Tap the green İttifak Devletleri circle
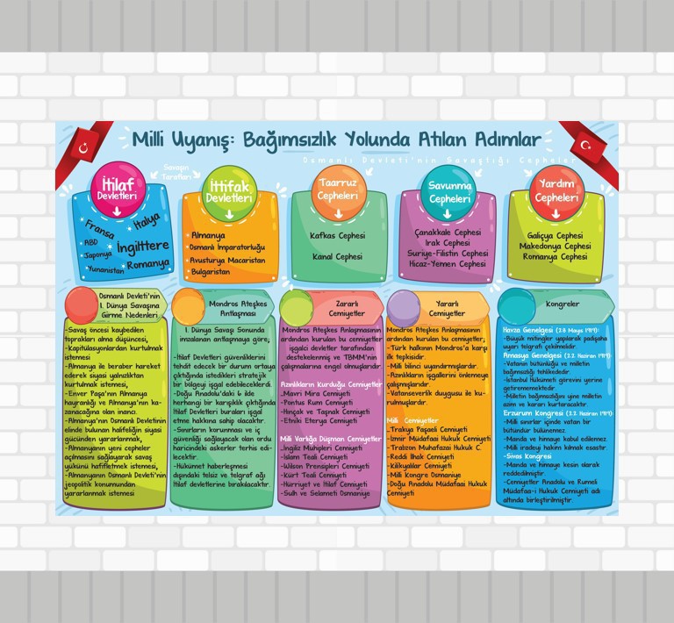click(228, 191)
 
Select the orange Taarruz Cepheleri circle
click(338, 189)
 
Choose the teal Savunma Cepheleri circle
click(449, 191)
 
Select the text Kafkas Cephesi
click(338, 236)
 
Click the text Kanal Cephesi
click(338, 257)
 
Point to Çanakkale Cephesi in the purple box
click(448, 233)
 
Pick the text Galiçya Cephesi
click(556, 235)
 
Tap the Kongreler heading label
click(562, 304)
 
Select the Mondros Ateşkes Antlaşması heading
click(236, 308)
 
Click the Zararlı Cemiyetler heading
click(346, 308)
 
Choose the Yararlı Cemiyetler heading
click(448, 308)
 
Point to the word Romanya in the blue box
click(147, 264)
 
